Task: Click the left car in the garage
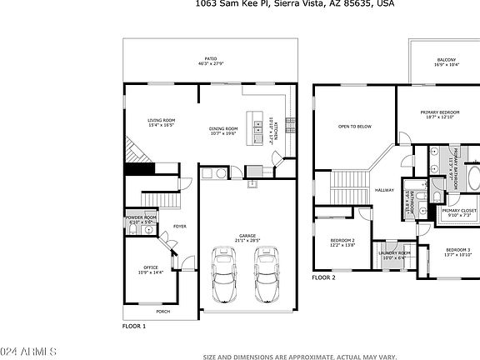(224, 275)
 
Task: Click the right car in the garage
(266, 275)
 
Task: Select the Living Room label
(161, 122)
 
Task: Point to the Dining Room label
(222, 130)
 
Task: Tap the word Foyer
(180, 226)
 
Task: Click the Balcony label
(446, 61)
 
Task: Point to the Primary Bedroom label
(440, 113)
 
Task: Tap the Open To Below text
(354, 127)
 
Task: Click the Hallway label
(383, 190)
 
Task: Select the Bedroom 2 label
(342, 242)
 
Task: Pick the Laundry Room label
(394, 254)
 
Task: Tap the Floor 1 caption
(134, 326)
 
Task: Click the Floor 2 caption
(323, 277)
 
